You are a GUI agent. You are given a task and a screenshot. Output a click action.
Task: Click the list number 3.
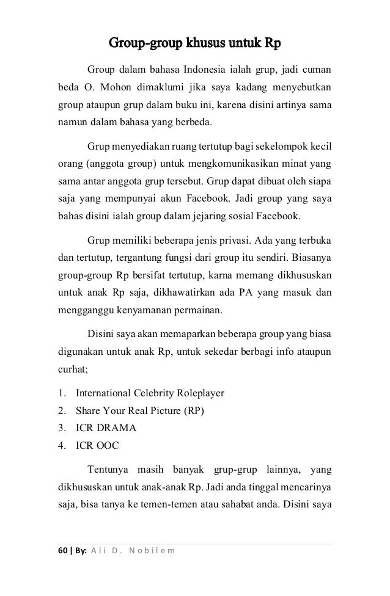61,427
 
